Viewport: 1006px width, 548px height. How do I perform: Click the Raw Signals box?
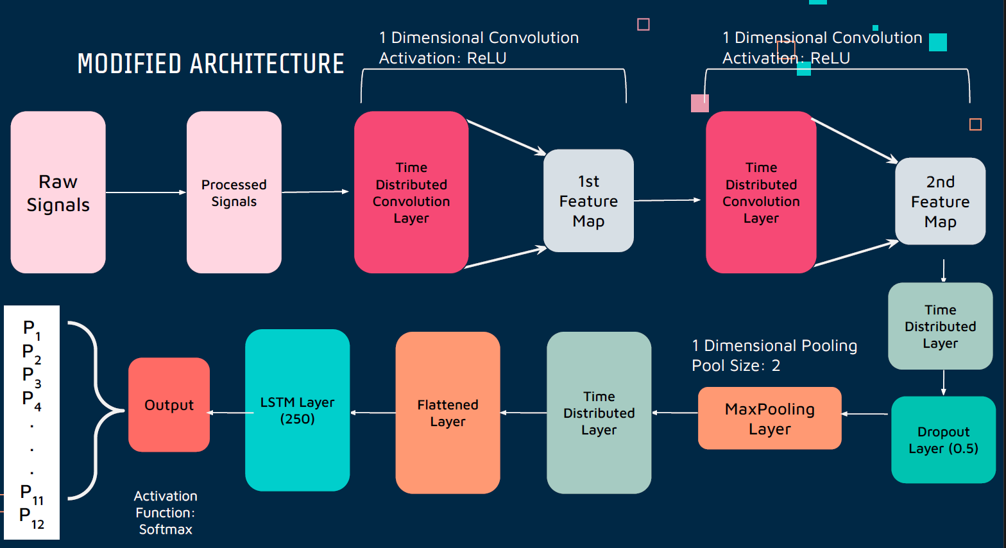click(58, 193)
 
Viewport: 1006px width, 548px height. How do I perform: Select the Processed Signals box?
click(234, 193)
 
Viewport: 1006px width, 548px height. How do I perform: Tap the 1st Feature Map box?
click(588, 201)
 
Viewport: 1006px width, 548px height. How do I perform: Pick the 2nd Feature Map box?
click(940, 201)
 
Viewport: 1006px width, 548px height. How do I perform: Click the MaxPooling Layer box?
click(769, 418)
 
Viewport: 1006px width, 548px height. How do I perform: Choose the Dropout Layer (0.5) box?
click(943, 440)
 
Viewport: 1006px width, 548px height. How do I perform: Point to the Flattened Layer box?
click(448, 413)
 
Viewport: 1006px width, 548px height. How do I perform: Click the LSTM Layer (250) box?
click(297, 410)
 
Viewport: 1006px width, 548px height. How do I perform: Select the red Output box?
click(169, 405)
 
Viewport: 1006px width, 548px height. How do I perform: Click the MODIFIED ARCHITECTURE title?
click(210, 64)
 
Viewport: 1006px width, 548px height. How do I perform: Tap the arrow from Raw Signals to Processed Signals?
click(146, 193)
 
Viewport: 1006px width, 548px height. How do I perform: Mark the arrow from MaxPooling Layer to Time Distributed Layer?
click(675, 413)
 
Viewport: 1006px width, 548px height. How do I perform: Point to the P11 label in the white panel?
click(31, 493)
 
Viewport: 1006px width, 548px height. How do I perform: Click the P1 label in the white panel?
click(31, 329)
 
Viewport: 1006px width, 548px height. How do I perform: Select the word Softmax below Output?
click(166, 529)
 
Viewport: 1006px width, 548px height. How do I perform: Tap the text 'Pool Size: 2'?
click(736, 366)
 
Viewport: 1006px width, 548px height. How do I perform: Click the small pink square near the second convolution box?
click(699, 103)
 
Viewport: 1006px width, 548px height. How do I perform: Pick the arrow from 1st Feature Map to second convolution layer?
click(667, 200)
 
